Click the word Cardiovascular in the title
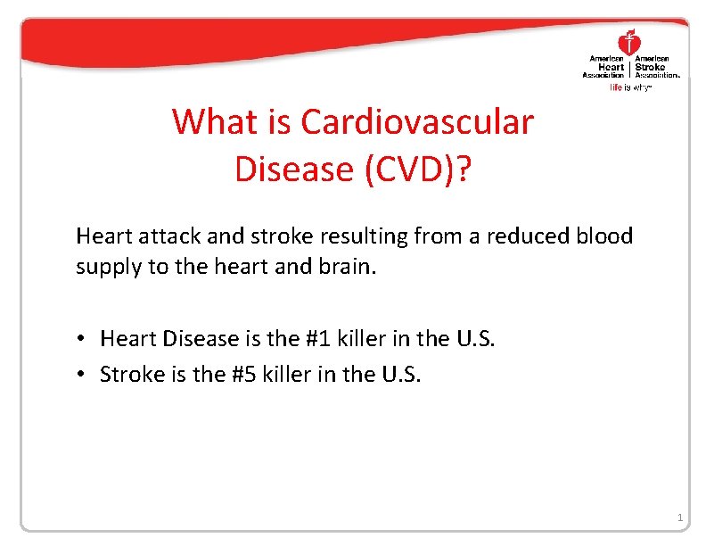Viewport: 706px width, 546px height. coord(417,121)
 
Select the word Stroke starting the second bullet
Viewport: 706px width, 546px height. coord(127,374)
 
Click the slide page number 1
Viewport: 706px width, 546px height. coord(679,518)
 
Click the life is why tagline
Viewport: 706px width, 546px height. coord(630,88)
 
